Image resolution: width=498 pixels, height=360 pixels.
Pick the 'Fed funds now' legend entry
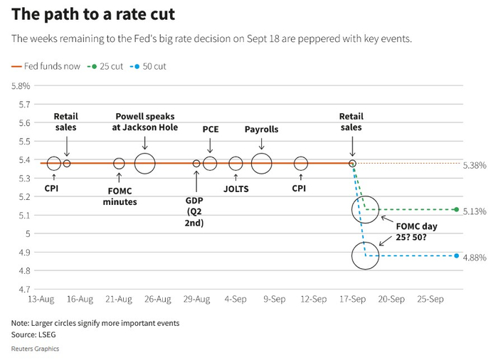point(47,66)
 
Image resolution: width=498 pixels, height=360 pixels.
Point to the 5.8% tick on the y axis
point(20,86)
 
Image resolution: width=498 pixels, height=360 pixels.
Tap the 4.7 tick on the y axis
point(24,289)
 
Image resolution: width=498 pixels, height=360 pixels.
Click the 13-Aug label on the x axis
point(41,300)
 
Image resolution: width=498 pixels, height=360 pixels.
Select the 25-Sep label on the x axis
point(430,300)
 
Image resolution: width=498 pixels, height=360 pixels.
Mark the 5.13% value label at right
point(475,211)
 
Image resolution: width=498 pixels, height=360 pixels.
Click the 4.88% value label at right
point(475,258)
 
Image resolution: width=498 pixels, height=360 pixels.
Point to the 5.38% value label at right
point(475,165)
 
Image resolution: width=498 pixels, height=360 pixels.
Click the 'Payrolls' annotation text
point(261,129)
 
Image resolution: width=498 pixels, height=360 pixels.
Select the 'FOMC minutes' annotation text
point(119,196)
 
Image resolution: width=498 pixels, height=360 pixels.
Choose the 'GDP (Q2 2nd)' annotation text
point(195,211)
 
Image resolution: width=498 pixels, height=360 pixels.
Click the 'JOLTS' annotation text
point(235,189)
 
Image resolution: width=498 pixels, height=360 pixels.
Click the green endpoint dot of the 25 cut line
point(456,209)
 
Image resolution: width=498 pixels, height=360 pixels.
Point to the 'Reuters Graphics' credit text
point(35,349)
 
